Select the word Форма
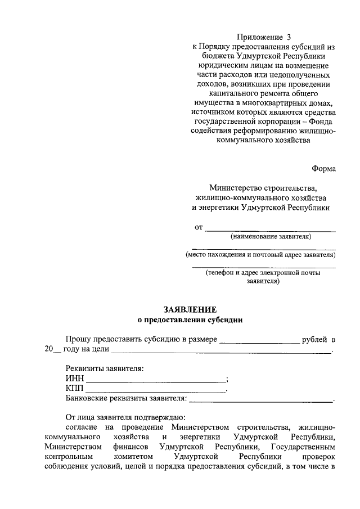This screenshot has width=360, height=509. click(324, 169)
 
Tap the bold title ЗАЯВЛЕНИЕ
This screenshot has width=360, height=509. click(190, 310)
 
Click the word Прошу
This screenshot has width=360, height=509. click(77, 340)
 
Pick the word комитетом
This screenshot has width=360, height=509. click(130, 457)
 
